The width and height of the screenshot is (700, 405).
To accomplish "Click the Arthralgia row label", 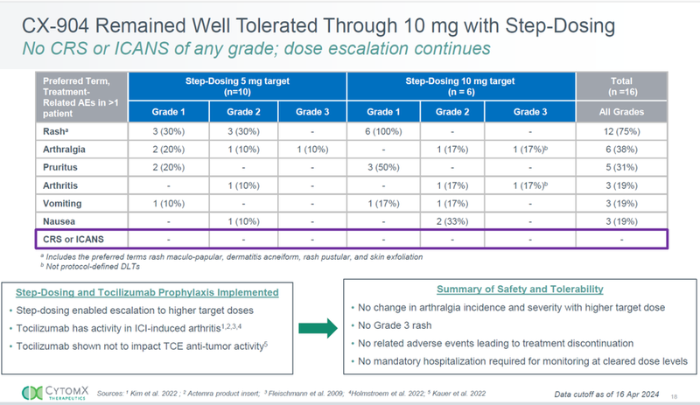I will (58, 150).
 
